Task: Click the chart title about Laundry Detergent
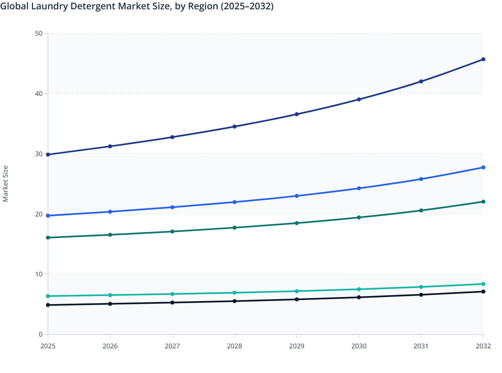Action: [137, 6]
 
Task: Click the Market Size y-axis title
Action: [6, 184]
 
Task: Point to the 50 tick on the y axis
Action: [39, 33]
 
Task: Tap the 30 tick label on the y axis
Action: [39, 154]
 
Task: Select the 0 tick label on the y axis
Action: [41, 334]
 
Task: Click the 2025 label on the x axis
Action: [48, 346]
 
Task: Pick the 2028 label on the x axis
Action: [234, 346]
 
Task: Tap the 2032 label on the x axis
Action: [483, 346]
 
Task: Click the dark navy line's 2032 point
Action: [483, 59]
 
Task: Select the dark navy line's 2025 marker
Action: [48, 155]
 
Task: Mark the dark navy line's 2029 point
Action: [297, 114]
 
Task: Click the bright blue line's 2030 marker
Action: [359, 188]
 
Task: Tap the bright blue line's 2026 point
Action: [110, 212]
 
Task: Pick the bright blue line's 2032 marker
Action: [483, 168]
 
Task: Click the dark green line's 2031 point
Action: [421, 210]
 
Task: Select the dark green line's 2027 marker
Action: [172, 231]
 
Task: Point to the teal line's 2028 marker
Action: [234, 293]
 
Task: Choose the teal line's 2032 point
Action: [483, 284]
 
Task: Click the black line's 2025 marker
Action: [48, 305]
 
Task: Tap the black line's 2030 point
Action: [359, 297]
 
